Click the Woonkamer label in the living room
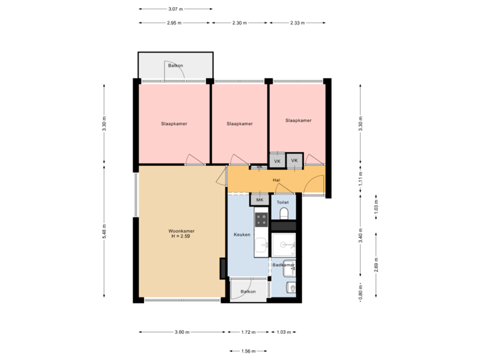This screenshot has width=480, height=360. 181,231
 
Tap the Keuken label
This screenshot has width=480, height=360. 241,235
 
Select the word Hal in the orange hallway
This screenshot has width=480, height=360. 276,180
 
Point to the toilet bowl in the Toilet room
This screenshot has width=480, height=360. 283,213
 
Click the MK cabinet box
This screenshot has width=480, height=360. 259,199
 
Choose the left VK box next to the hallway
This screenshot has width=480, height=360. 277,161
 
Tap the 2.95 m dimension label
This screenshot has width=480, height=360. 175,23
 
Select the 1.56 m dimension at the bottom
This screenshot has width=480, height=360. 248,351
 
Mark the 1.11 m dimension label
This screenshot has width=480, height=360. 360,179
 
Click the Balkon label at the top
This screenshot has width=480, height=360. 175,65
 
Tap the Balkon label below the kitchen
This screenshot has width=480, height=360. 248,291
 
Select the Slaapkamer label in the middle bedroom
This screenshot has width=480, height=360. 239,123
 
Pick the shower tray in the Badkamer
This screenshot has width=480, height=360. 283,245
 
